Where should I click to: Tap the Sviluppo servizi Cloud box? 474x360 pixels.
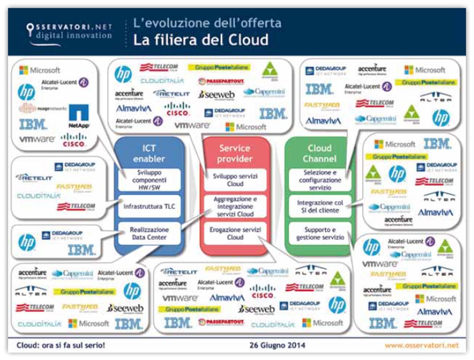coord(235,180)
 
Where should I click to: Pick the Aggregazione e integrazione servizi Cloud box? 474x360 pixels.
coord(235,207)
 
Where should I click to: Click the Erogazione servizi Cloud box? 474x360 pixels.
coord(235,233)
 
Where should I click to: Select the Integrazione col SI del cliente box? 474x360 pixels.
coord(320,207)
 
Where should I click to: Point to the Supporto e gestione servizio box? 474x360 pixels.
coord(320,233)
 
